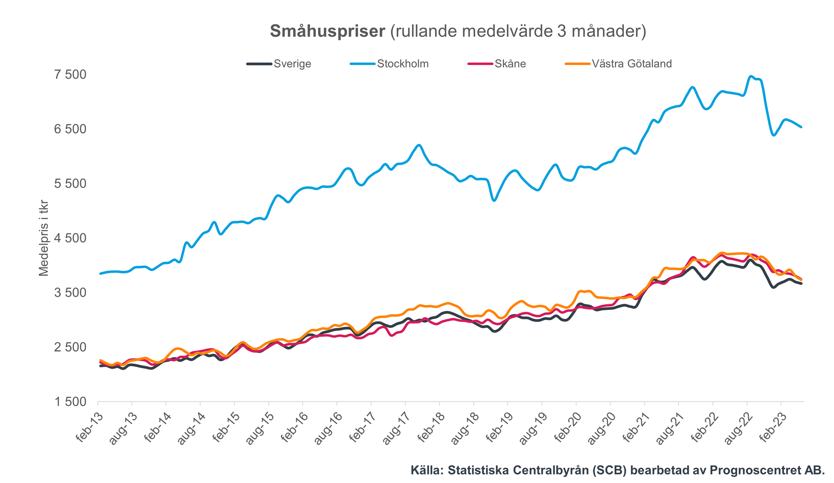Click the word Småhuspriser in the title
(x=327, y=32)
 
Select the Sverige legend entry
(x=292, y=64)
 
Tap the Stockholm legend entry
(x=403, y=64)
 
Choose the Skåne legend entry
(x=510, y=64)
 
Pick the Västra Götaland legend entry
(x=632, y=64)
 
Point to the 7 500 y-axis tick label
(x=70, y=75)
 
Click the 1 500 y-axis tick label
(x=70, y=402)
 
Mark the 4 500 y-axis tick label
(x=70, y=238)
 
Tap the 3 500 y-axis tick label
(x=70, y=293)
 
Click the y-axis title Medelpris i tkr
(x=44, y=238)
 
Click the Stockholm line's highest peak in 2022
(x=751, y=76)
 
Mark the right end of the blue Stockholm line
(x=801, y=127)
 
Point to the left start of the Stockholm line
(x=100, y=274)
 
